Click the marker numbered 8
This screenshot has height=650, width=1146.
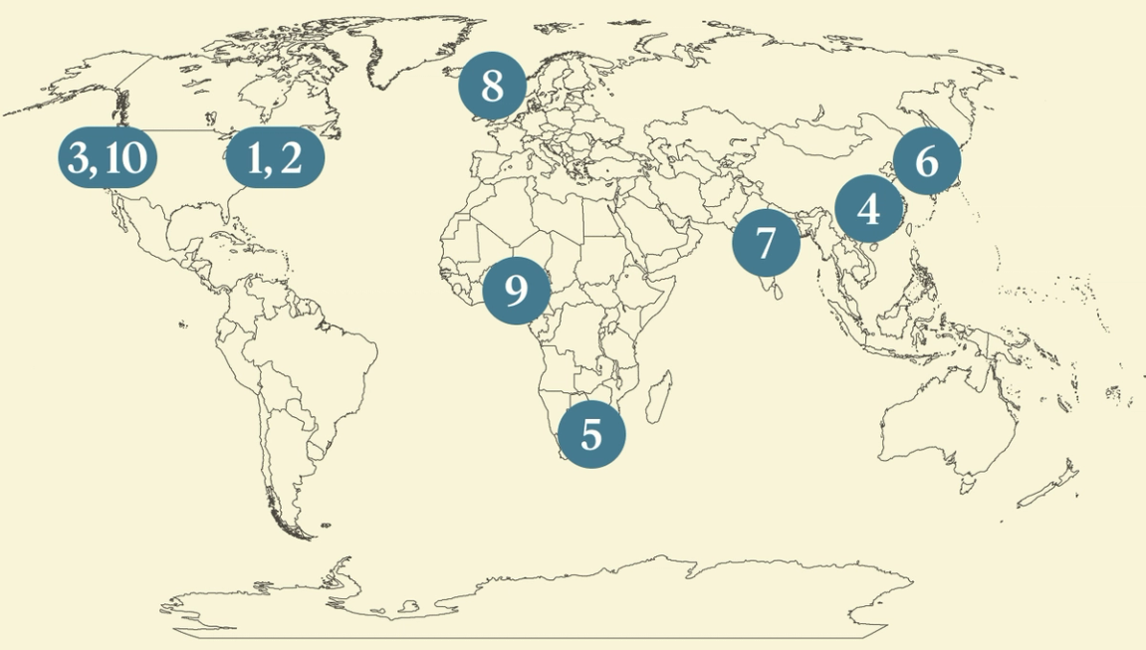(x=492, y=87)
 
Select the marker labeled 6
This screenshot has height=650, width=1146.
(x=926, y=160)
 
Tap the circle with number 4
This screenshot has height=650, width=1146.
(x=868, y=210)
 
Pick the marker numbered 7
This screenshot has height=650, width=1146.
(x=765, y=242)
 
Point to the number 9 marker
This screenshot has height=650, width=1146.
(x=516, y=291)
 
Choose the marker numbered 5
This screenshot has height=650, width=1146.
(x=591, y=434)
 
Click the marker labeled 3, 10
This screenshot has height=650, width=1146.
(x=108, y=158)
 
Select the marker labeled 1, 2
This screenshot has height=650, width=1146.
(x=276, y=158)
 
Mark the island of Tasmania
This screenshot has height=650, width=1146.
(x=966, y=486)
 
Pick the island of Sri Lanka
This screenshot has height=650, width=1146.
(x=772, y=290)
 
